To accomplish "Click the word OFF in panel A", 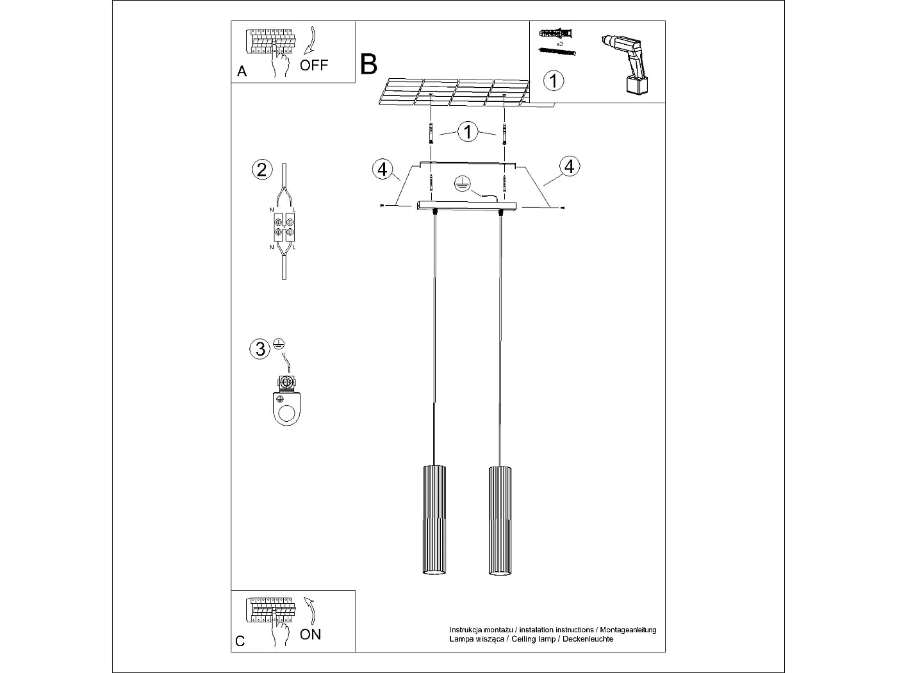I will tap(314, 65).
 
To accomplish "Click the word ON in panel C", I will tap(311, 635).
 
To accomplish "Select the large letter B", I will tap(369, 64).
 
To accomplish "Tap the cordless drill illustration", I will tap(629, 64).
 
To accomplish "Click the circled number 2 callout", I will tap(260, 170).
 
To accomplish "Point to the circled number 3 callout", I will tap(260, 349).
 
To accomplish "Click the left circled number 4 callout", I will tap(383, 169).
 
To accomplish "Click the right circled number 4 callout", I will tap(569, 166).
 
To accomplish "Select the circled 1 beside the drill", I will tap(554, 81).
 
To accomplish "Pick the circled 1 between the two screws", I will tap(468, 132).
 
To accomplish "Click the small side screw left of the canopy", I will tap(383, 205).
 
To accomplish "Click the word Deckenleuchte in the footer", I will tap(588, 639).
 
